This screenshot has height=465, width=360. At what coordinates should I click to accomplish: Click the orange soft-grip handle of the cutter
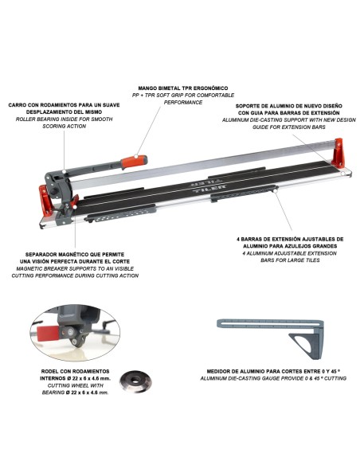tap(134, 162)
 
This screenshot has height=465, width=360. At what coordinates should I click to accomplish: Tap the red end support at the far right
tap(338, 153)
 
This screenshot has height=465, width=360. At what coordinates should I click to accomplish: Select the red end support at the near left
tap(45, 200)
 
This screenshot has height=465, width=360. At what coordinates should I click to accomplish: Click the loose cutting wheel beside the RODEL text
tap(135, 381)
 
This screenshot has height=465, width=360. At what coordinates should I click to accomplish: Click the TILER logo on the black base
tap(209, 187)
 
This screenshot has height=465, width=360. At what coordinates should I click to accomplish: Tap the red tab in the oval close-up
tap(48, 333)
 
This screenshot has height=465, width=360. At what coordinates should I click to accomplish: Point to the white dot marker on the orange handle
tap(136, 156)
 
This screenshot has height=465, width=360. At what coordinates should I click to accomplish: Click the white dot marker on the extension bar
tap(276, 192)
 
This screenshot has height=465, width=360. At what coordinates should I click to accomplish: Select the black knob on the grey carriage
tap(54, 192)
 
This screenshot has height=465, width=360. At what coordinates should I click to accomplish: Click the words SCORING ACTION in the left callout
tap(64, 127)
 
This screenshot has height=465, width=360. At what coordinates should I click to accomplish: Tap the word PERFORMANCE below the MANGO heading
tap(183, 102)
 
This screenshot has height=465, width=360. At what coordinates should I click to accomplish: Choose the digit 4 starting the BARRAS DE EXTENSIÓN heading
tap(238, 239)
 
